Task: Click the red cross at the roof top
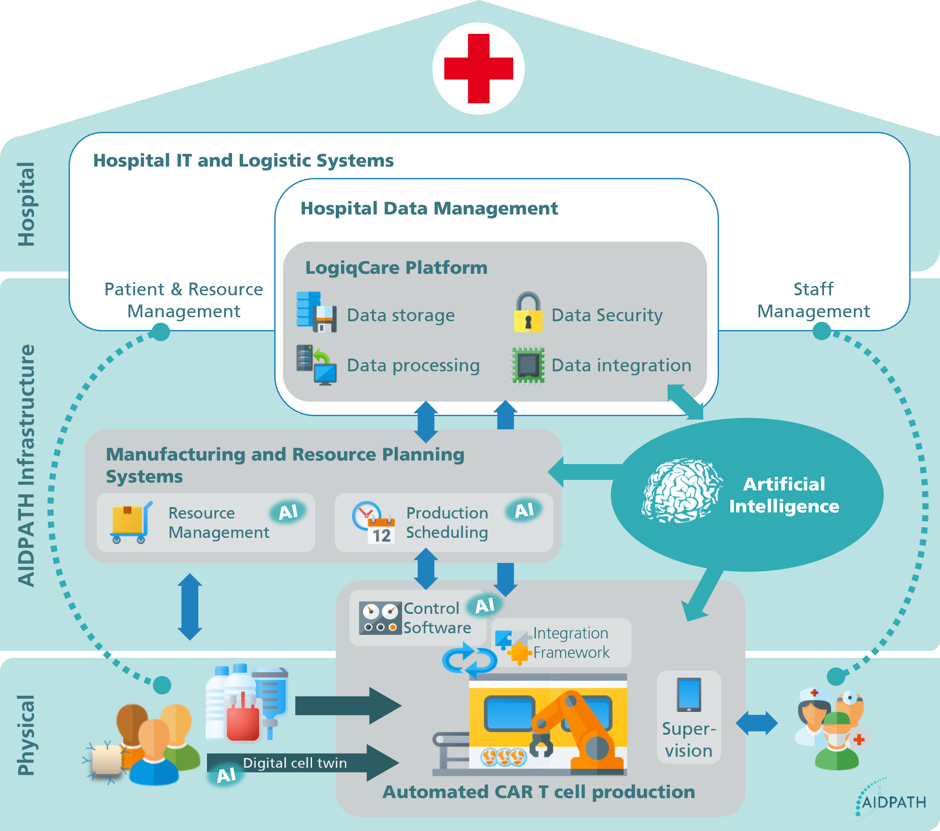[x=478, y=69]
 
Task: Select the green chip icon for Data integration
[x=528, y=365]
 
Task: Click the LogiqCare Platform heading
[x=396, y=268]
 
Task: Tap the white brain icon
[x=680, y=491]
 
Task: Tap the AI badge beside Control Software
[x=485, y=606]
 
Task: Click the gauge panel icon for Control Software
[x=380, y=617]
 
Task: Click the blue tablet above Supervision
[x=689, y=694]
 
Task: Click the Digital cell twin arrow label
[x=295, y=763]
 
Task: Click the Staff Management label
[x=813, y=300]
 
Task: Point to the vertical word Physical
[x=26, y=735]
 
